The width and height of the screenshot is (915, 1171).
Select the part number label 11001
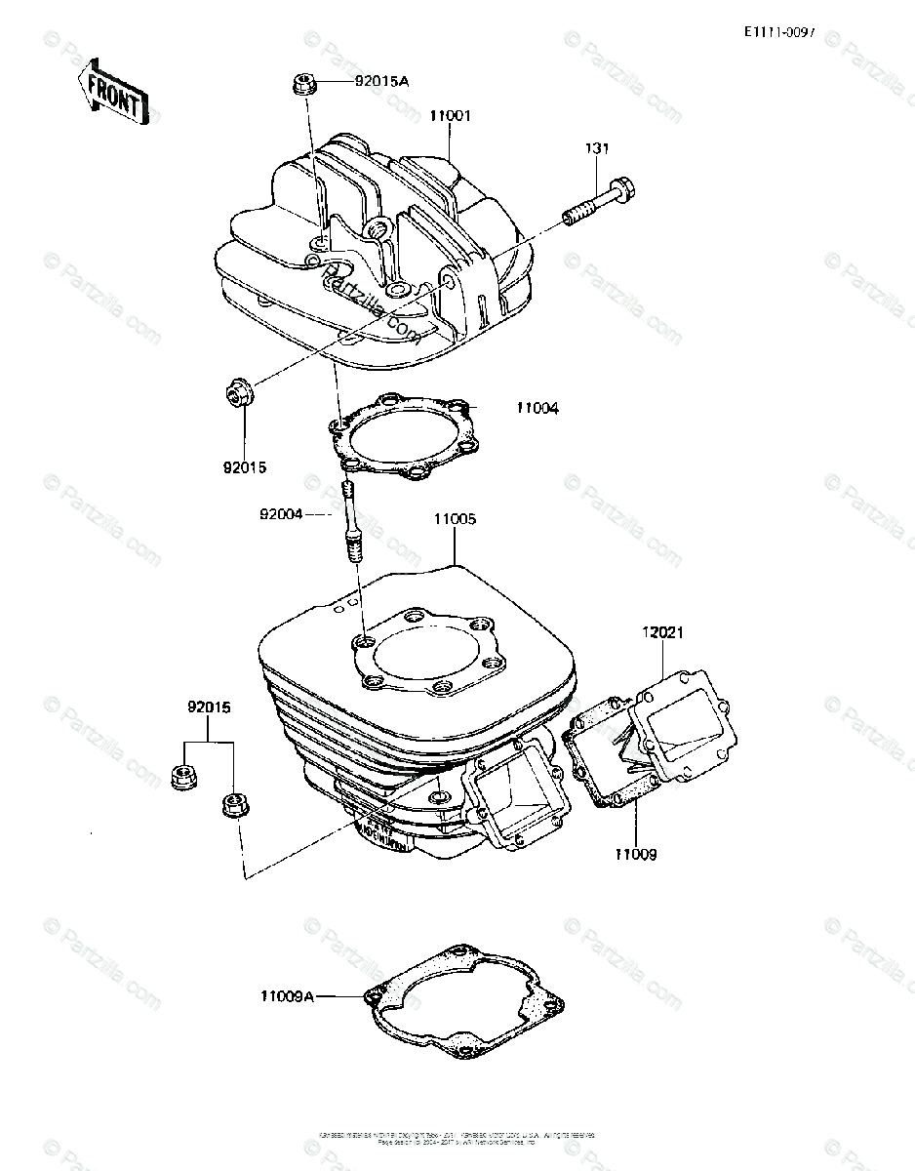point(451,115)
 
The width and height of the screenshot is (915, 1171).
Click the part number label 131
point(597,148)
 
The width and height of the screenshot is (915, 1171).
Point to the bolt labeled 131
point(595,199)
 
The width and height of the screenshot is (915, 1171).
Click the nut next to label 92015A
point(301,85)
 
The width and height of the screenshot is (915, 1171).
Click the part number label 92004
point(281,512)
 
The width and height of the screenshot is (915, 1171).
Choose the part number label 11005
point(455,519)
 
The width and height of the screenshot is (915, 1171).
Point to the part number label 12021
point(663,632)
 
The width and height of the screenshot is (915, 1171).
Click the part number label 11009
point(635,855)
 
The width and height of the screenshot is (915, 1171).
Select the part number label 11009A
point(288,996)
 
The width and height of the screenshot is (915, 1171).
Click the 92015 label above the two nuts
point(210,707)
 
